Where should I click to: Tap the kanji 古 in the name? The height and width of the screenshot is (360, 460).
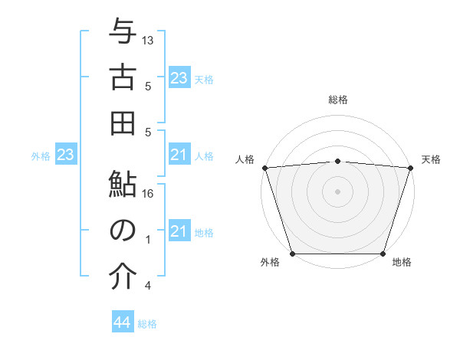pyautogui.click(x=123, y=78)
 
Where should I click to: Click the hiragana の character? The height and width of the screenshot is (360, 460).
pyautogui.click(x=123, y=231)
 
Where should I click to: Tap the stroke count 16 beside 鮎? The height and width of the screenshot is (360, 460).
pyautogui.click(x=148, y=194)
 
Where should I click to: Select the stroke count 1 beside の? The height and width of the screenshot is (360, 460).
pyautogui.click(x=148, y=240)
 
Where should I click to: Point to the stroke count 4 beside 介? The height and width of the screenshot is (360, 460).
pyautogui.click(x=148, y=286)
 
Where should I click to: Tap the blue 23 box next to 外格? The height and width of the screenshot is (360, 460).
pyautogui.click(x=66, y=155)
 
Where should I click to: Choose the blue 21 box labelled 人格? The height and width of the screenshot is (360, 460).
pyautogui.click(x=179, y=155)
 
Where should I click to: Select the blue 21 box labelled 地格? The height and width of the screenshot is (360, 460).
pyautogui.click(x=179, y=231)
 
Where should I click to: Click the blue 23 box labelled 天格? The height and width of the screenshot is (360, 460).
pyautogui.click(x=179, y=78)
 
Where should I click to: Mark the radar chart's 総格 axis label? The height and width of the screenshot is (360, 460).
pyautogui.click(x=337, y=100)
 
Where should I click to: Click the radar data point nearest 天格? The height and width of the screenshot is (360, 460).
pyautogui.click(x=410, y=167)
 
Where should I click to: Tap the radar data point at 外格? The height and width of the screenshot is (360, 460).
pyautogui.click(x=292, y=254)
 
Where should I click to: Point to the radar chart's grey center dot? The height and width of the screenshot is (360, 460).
pyautogui.click(x=337, y=191)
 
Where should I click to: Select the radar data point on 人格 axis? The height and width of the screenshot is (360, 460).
pyautogui.click(x=264, y=167)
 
